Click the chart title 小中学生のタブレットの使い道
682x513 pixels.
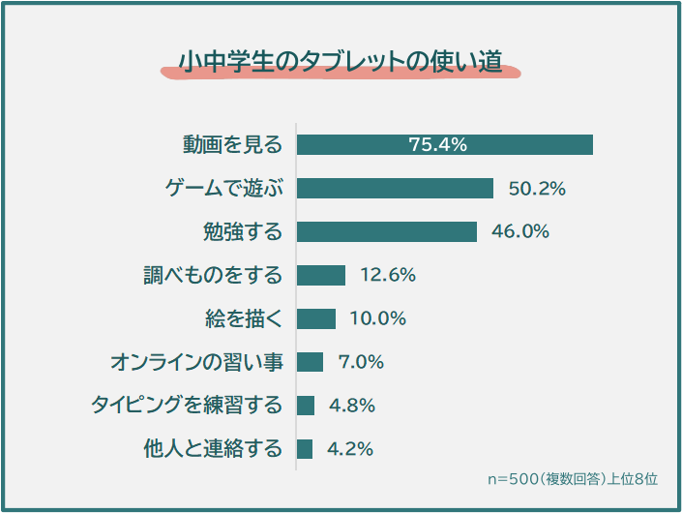pos(340,61)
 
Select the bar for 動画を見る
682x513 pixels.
pos(444,144)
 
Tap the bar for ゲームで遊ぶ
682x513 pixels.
pos(395,188)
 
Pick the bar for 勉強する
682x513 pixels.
pos(386,231)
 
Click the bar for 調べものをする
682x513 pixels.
pos(320,275)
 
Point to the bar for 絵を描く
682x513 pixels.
pos(315,318)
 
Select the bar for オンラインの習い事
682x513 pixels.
pos(310,362)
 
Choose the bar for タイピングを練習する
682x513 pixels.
pos(306,406)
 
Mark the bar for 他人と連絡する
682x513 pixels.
pos(305,449)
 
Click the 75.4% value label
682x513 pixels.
pos(438,144)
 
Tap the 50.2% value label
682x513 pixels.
pos(537,188)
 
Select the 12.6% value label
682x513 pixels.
pos(388,275)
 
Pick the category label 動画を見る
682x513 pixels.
pos(233,144)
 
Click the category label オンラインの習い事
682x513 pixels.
pos(196,362)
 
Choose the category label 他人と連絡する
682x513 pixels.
pos(213,449)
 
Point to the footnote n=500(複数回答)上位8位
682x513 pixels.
pos(573,479)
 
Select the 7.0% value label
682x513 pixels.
pos(361,362)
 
